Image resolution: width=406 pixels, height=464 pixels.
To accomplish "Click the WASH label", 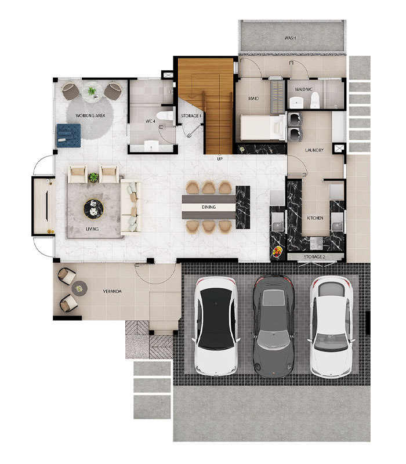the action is point(290,38).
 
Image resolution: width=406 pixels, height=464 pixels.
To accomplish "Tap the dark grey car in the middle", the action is point(274,327).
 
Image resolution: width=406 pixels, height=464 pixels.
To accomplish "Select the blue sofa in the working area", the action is point(68,136).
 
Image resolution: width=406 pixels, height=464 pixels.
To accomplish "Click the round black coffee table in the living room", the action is point(93,209).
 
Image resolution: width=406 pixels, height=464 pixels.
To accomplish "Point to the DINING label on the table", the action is point(209,207).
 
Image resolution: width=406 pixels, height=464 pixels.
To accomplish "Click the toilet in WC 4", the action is point(165,115).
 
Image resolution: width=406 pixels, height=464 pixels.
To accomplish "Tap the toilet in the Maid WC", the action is point(314,100).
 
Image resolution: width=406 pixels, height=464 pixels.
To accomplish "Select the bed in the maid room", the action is point(263,128).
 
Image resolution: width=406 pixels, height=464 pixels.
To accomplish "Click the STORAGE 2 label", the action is point(314,257).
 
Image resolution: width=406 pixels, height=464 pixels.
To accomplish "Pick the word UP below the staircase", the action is point(220,159).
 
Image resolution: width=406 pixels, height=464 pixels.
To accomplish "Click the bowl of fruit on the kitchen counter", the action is point(278,252).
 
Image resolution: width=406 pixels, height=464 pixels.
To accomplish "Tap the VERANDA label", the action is point(112,292).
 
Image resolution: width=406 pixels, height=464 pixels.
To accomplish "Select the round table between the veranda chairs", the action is point(79,288).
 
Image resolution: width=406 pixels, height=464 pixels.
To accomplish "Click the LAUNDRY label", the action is point(314,150).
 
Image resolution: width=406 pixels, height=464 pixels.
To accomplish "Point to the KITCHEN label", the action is point(315,218).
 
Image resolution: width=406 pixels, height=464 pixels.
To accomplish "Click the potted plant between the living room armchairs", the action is point(93,177).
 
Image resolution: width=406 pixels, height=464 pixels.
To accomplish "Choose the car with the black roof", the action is point(216,327).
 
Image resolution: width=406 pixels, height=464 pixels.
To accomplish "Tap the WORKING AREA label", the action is point(90,115).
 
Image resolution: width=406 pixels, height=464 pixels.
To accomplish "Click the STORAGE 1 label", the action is point(191,115).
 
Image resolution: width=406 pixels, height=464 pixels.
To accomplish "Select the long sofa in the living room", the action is point(130,207).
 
